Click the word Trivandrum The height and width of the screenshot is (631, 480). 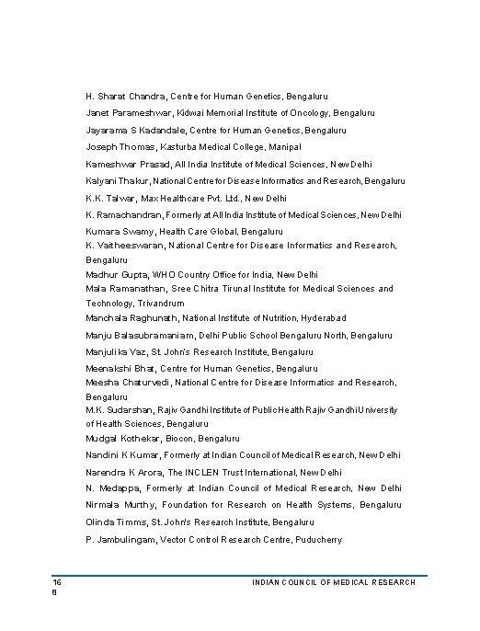tap(160, 303)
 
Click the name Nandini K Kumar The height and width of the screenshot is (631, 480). tap(126, 455)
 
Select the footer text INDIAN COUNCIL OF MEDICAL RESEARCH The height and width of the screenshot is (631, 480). tap(333, 583)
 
